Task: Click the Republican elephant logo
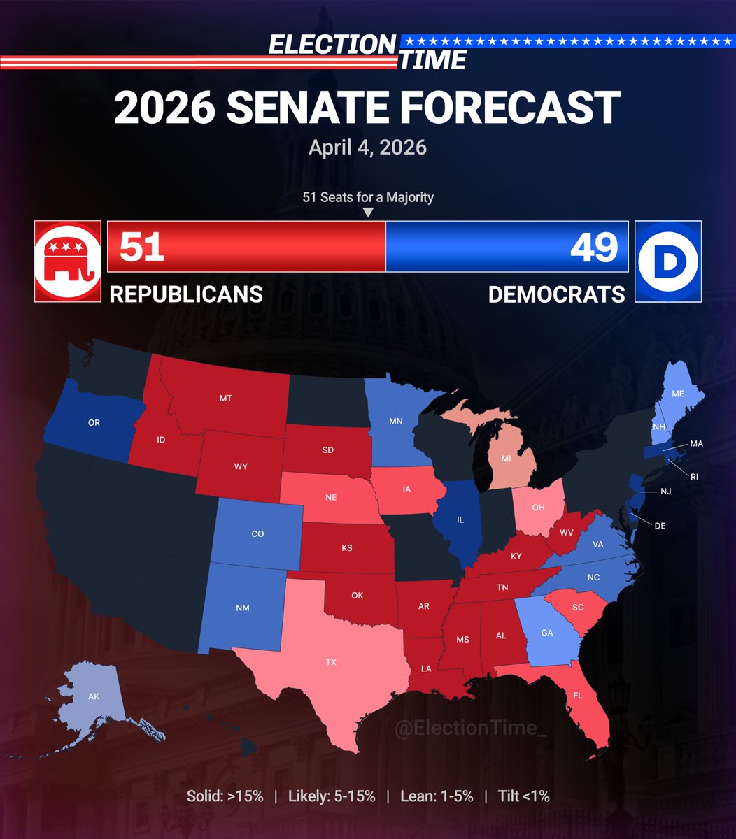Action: (x=67, y=261)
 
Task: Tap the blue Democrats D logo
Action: (x=667, y=261)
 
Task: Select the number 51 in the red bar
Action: (x=141, y=247)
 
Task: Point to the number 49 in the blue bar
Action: (x=594, y=247)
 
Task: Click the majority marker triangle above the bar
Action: (x=369, y=213)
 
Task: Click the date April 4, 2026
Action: (x=368, y=148)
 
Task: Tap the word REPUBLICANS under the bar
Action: (x=186, y=294)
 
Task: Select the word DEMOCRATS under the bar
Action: (x=556, y=294)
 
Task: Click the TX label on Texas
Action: (x=331, y=661)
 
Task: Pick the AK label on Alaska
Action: (x=94, y=696)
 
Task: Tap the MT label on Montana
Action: (x=225, y=399)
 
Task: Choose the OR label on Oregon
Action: (x=94, y=423)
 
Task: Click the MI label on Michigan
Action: (x=506, y=459)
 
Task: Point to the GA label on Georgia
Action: (x=547, y=632)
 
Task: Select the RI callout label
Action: (x=694, y=477)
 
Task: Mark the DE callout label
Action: (x=660, y=526)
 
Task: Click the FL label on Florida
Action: (x=578, y=696)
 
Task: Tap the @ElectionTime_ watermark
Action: (x=470, y=729)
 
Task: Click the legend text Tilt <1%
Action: (x=523, y=796)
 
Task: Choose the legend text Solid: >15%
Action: (x=225, y=796)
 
